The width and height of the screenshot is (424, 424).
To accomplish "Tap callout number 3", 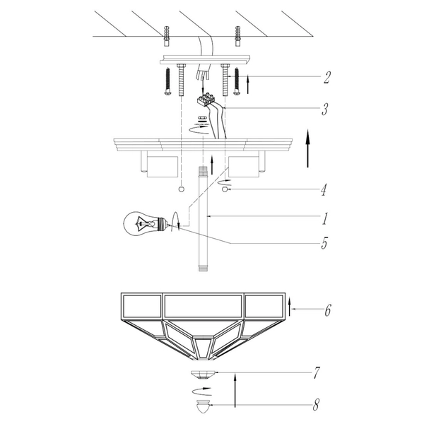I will point(325,110).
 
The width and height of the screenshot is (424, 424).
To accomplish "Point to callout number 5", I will point(324,245).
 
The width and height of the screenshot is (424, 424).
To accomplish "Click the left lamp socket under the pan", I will point(162,167).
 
